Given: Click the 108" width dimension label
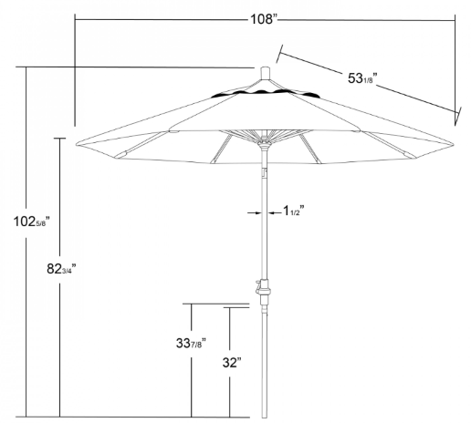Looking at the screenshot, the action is point(264,19).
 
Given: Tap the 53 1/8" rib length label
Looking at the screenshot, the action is point(362,78).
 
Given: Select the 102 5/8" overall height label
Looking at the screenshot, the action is point(31,222).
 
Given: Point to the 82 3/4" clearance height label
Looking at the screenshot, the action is point(61,269).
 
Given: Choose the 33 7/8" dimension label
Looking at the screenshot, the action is point(191,343).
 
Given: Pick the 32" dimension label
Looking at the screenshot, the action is point(232,362).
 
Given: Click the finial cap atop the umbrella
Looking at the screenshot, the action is point(266,74).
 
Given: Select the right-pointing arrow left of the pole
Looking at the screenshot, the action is point(255,213).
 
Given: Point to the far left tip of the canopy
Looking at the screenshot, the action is point(76,144).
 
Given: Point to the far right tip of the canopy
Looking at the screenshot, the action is point(454,144).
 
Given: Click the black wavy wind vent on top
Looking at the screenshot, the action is point(266,94).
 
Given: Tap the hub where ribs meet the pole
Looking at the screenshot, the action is point(265,143).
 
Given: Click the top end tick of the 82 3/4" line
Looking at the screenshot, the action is point(60,139).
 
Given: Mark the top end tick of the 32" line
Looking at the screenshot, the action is point(236,307).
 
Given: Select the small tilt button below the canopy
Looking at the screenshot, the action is point(265,173).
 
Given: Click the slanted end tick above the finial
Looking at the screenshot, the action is point(279,54).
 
